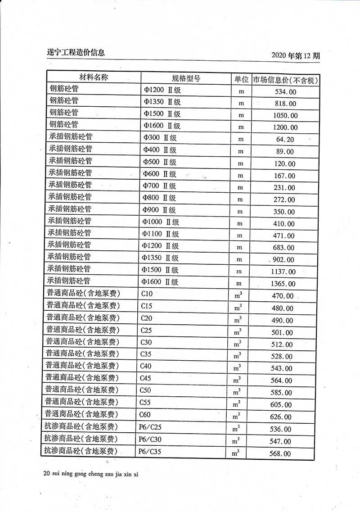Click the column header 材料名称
click(x=94, y=77)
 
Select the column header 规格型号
click(x=186, y=78)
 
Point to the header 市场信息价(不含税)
click(x=285, y=80)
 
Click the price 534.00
click(x=285, y=92)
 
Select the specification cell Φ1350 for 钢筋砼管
click(x=162, y=102)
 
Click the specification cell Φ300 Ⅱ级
click(x=159, y=138)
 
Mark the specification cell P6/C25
click(x=150, y=426)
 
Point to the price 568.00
click(x=280, y=453)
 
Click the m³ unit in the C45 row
click(x=237, y=380)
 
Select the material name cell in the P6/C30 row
click(x=81, y=439)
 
